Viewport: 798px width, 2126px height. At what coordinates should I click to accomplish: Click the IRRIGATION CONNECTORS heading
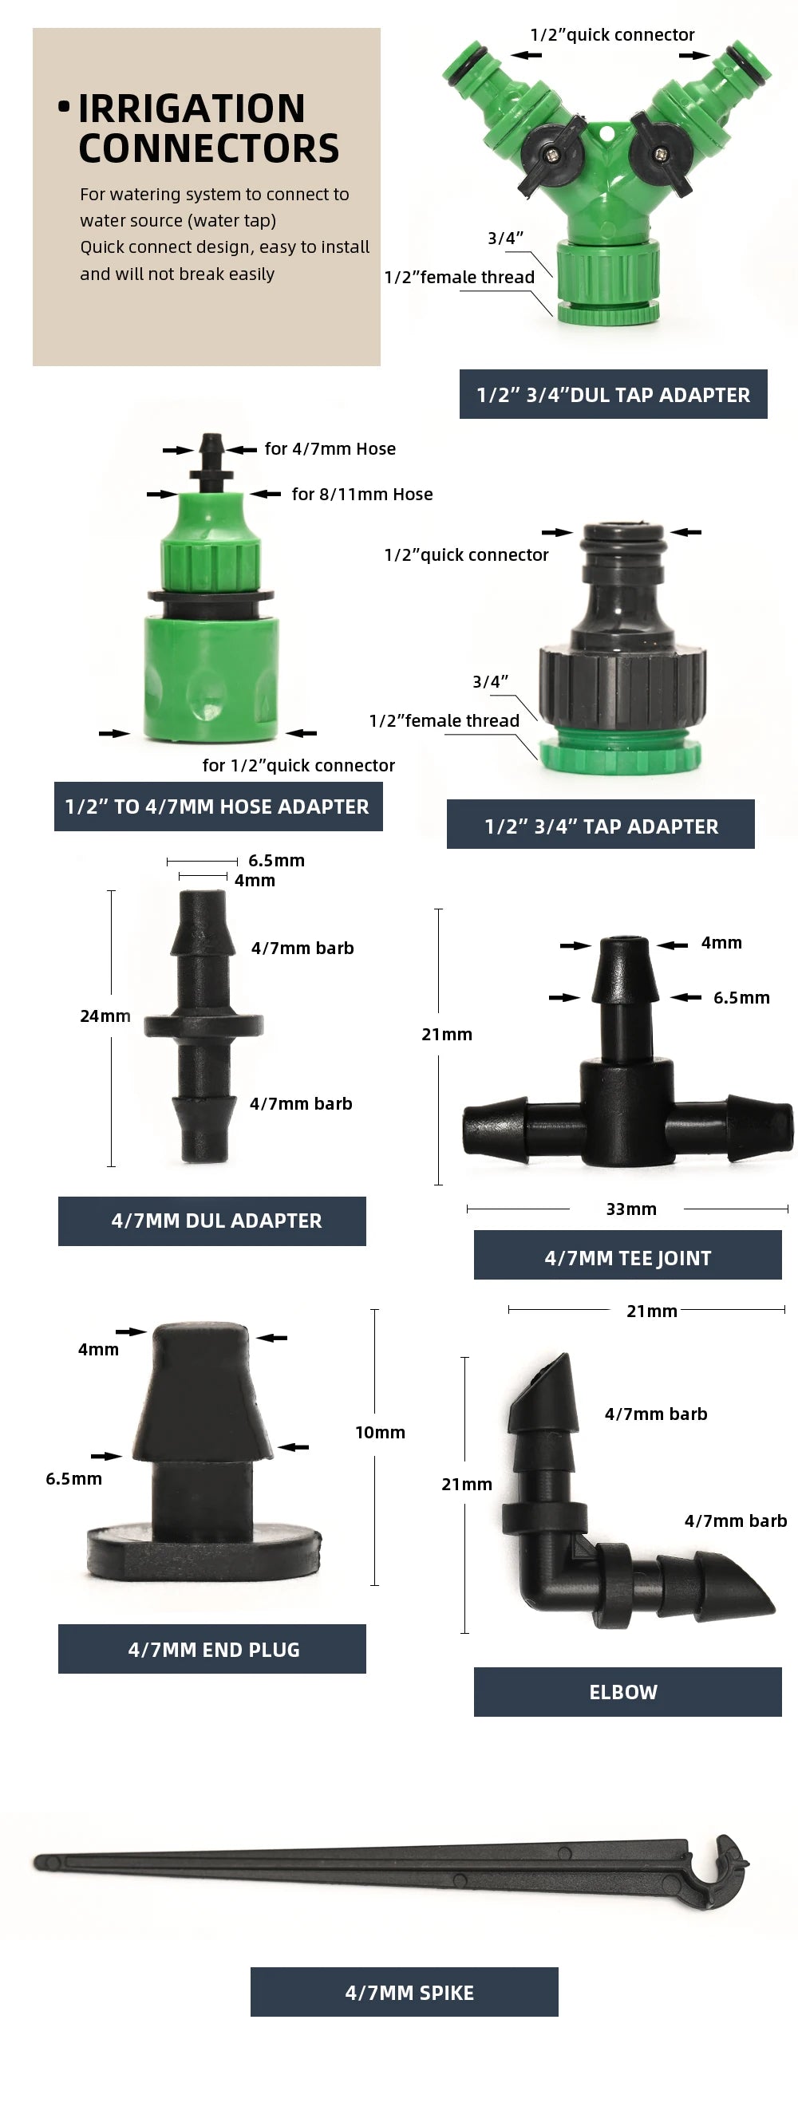coord(208,128)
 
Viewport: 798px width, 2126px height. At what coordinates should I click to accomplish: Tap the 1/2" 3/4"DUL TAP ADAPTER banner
coord(613,395)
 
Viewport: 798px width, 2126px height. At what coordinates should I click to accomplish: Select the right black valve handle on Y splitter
coord(661,154)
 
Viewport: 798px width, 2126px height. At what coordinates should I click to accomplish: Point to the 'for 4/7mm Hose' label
coord(330,449)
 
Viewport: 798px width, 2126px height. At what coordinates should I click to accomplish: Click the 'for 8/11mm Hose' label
coord(361,495)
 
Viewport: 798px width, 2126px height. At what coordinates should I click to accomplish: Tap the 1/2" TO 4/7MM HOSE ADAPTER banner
coord(218,807)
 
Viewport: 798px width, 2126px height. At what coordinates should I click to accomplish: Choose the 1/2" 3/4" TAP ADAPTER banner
coord(601,826)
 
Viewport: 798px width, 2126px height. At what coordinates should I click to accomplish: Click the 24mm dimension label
coord(105,1016)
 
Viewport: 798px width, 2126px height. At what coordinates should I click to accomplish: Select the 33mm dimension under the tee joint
coord(631,1209)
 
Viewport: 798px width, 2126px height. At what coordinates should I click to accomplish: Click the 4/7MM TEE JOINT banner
coord(627,1258)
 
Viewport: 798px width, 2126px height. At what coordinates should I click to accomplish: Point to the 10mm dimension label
coord(380,1432)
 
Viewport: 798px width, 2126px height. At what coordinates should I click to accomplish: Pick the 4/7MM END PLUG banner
coord(212,1649)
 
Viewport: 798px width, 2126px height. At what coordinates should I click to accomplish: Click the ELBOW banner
coord(623,1692)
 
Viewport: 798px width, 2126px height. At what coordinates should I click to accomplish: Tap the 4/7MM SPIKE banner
coord(405,1992)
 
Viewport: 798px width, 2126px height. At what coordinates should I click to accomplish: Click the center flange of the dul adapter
coord(203,1026)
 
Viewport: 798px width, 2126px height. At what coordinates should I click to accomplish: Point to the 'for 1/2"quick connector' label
coord(298,765)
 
